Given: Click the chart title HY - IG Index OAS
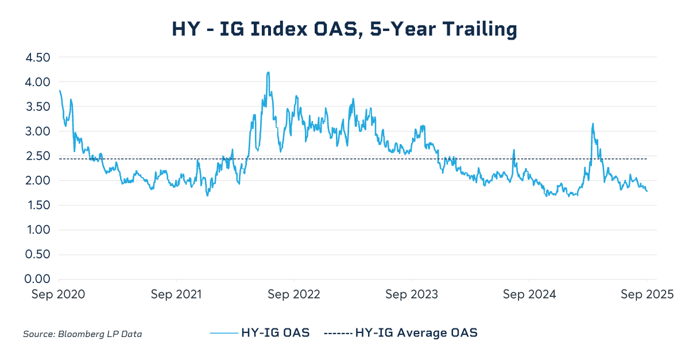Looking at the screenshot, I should [x=344, y=29].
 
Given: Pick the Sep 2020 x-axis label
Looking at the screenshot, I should [x=59, y=295].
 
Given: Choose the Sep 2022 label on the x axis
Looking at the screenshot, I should [x=294, y=295].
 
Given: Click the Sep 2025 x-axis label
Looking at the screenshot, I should [x=647, y=295].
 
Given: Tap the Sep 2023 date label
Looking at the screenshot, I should [x=412, y=295].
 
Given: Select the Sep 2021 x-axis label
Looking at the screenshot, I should [x=176, y=295].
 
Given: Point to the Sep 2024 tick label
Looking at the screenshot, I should [x=529, y=295].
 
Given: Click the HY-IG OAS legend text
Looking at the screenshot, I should [x=276, y=332].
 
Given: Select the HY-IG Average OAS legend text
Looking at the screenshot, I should [x=416, y=332].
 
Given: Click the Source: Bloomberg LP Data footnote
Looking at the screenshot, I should [x=82, y=334].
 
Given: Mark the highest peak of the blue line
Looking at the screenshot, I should [x=268, y=72].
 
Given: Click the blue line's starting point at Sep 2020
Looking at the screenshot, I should [x=59, y=90].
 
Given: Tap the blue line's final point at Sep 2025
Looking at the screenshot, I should [x=647, y=191].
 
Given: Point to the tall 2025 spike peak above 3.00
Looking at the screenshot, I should [x=593, y=123].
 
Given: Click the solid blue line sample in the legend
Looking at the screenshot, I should [x=224, y=332].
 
